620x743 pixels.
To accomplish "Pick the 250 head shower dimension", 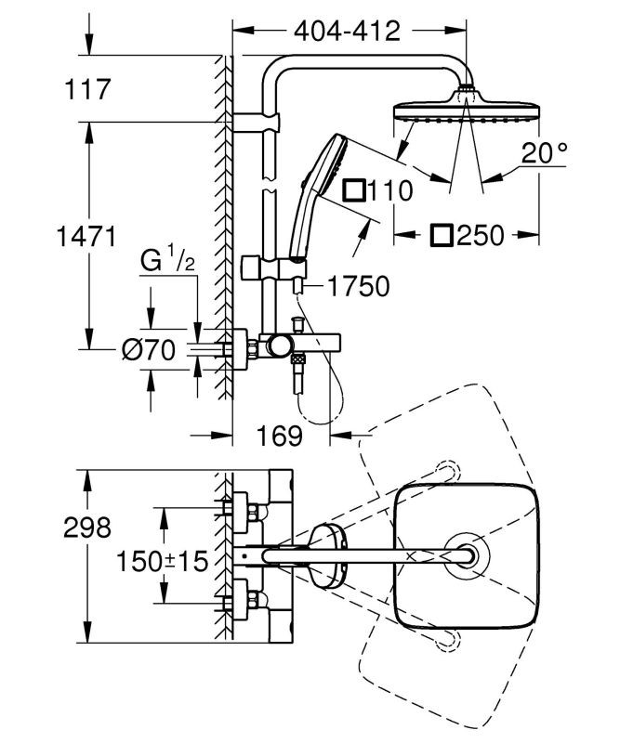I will (x=481, y=235).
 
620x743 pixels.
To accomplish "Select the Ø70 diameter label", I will (x=151, y=350).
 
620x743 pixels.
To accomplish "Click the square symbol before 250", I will (x=442, y=235).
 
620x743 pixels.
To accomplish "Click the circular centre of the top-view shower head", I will (x=466, y=556).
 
